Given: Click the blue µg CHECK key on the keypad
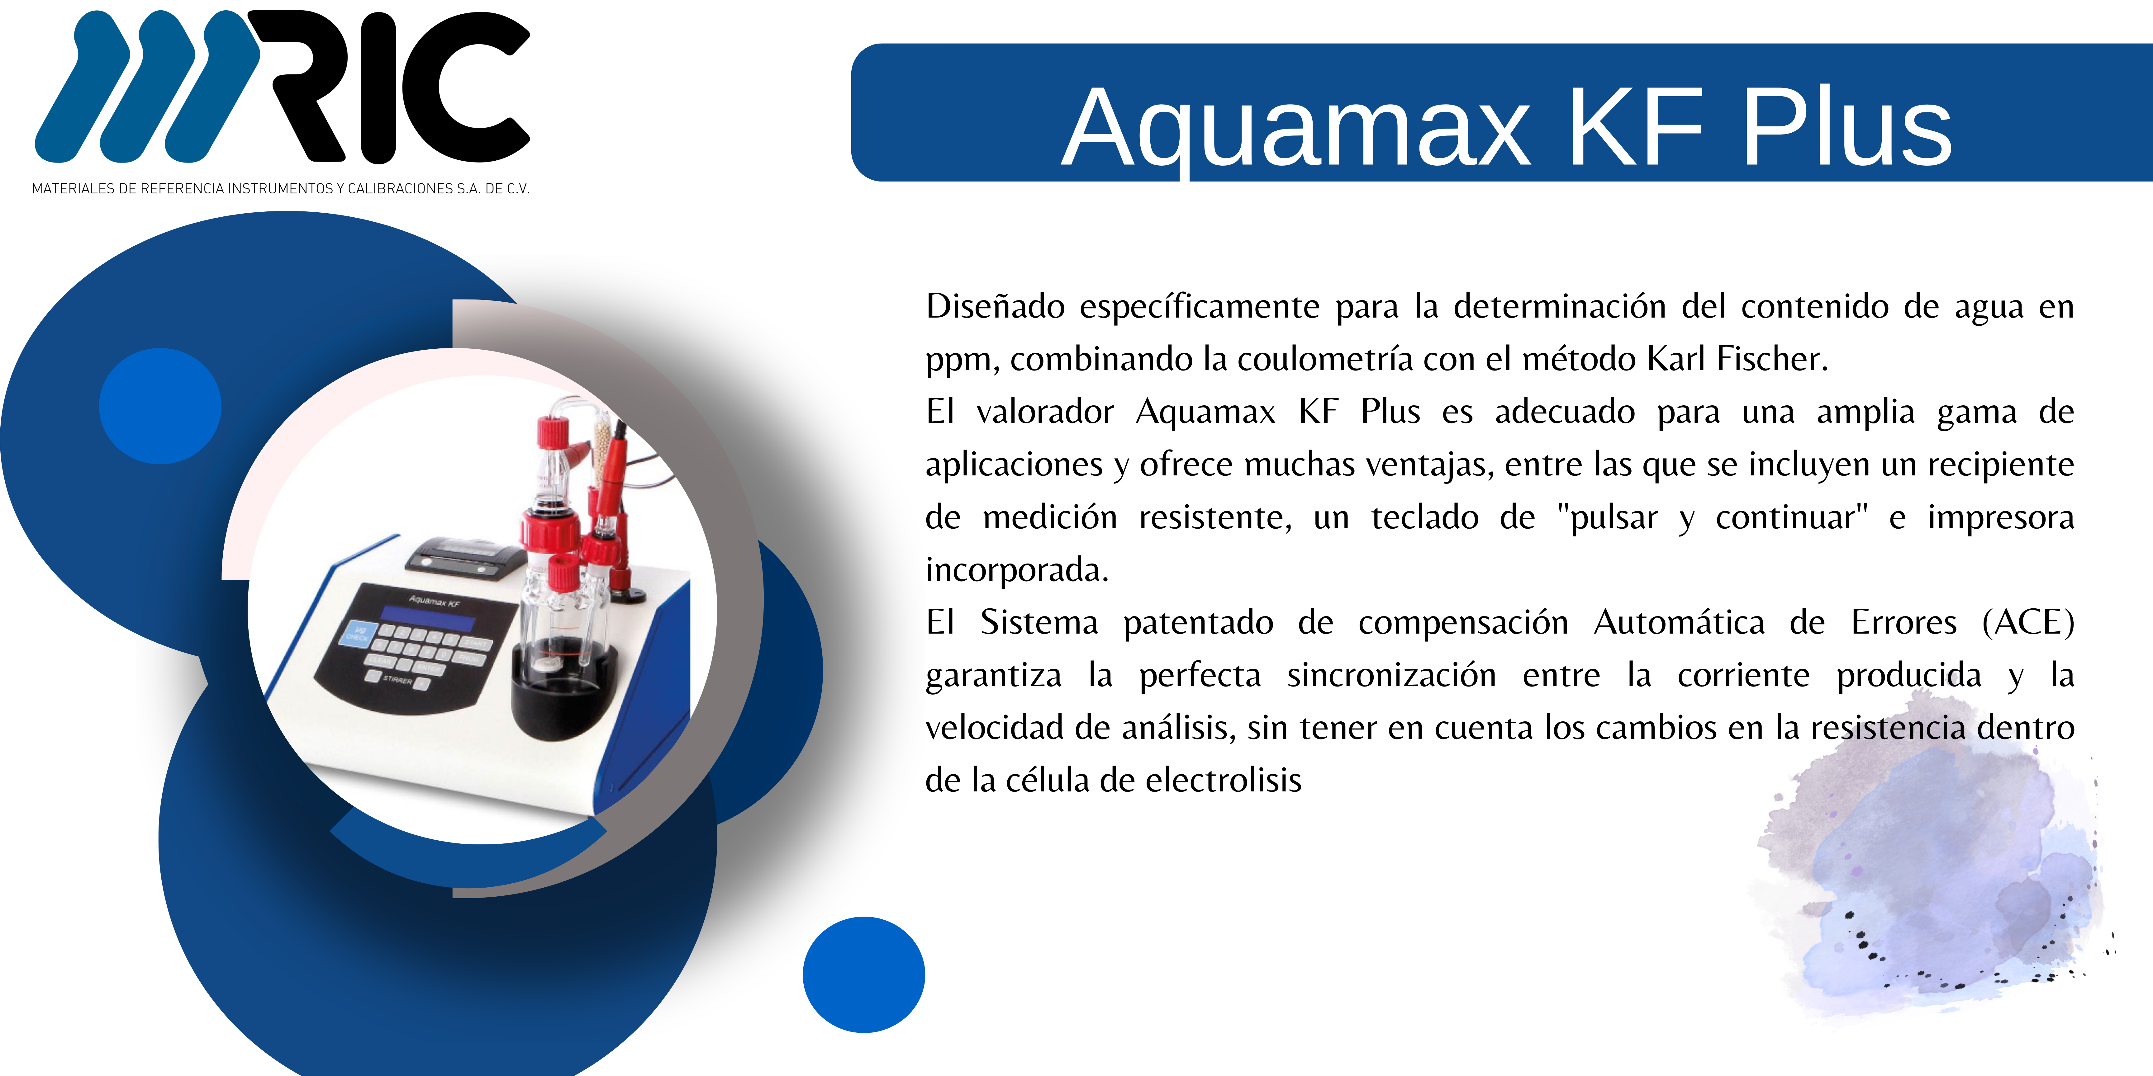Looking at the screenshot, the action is (358, 634).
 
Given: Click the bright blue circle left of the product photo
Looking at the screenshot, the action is (159, 406).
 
